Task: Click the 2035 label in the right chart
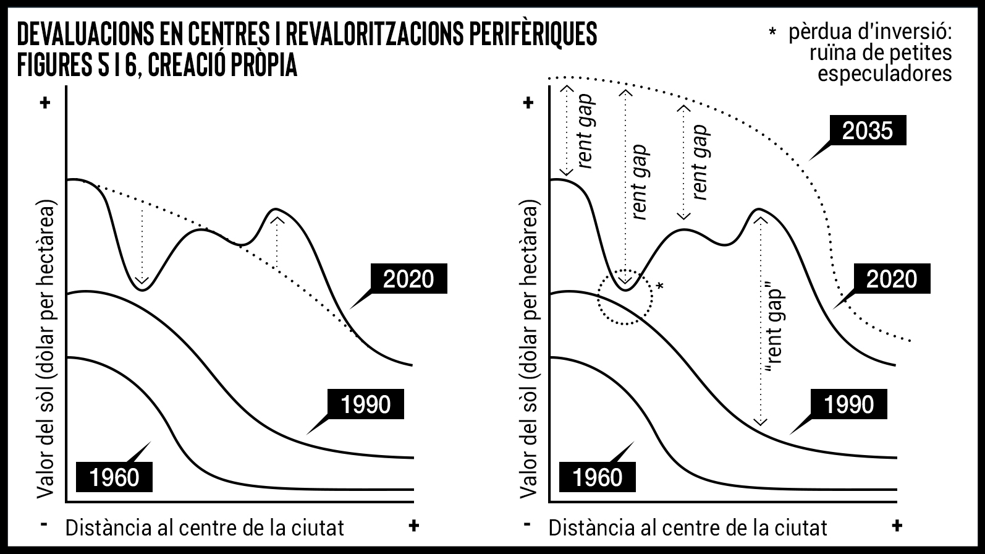(867, 130)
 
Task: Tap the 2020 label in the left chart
(408, 279)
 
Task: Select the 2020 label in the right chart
(891, 279)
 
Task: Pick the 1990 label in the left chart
(366, 404)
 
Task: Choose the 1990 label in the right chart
(849, 404)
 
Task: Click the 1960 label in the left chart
(114, 477)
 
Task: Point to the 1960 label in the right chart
(598, 477)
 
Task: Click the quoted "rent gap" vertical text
(774, 331)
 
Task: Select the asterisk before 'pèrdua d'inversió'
(772, 32)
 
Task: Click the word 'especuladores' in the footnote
(884, 74)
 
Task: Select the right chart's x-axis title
(687, 527)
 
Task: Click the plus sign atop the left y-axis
(44, 103)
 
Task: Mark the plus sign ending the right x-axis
(897, 526)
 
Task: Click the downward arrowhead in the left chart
(143, 282)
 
